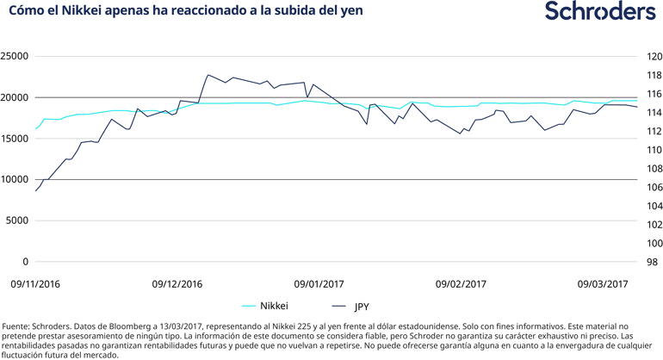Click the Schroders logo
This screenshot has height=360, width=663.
click(600, 12)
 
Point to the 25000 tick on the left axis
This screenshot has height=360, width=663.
click(15, 57)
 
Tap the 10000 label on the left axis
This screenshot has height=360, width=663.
click(15, 180)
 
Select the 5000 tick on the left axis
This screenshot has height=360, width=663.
click(17, 221)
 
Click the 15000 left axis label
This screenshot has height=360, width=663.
click(15, 139)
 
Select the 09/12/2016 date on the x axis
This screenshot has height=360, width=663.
click(177, 282)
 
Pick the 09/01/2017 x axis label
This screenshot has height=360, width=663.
click(318, 282)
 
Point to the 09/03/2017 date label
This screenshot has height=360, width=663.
click(602, 282)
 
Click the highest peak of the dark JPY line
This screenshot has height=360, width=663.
click(208, 75)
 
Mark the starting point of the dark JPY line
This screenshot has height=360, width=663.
click(35, 191)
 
